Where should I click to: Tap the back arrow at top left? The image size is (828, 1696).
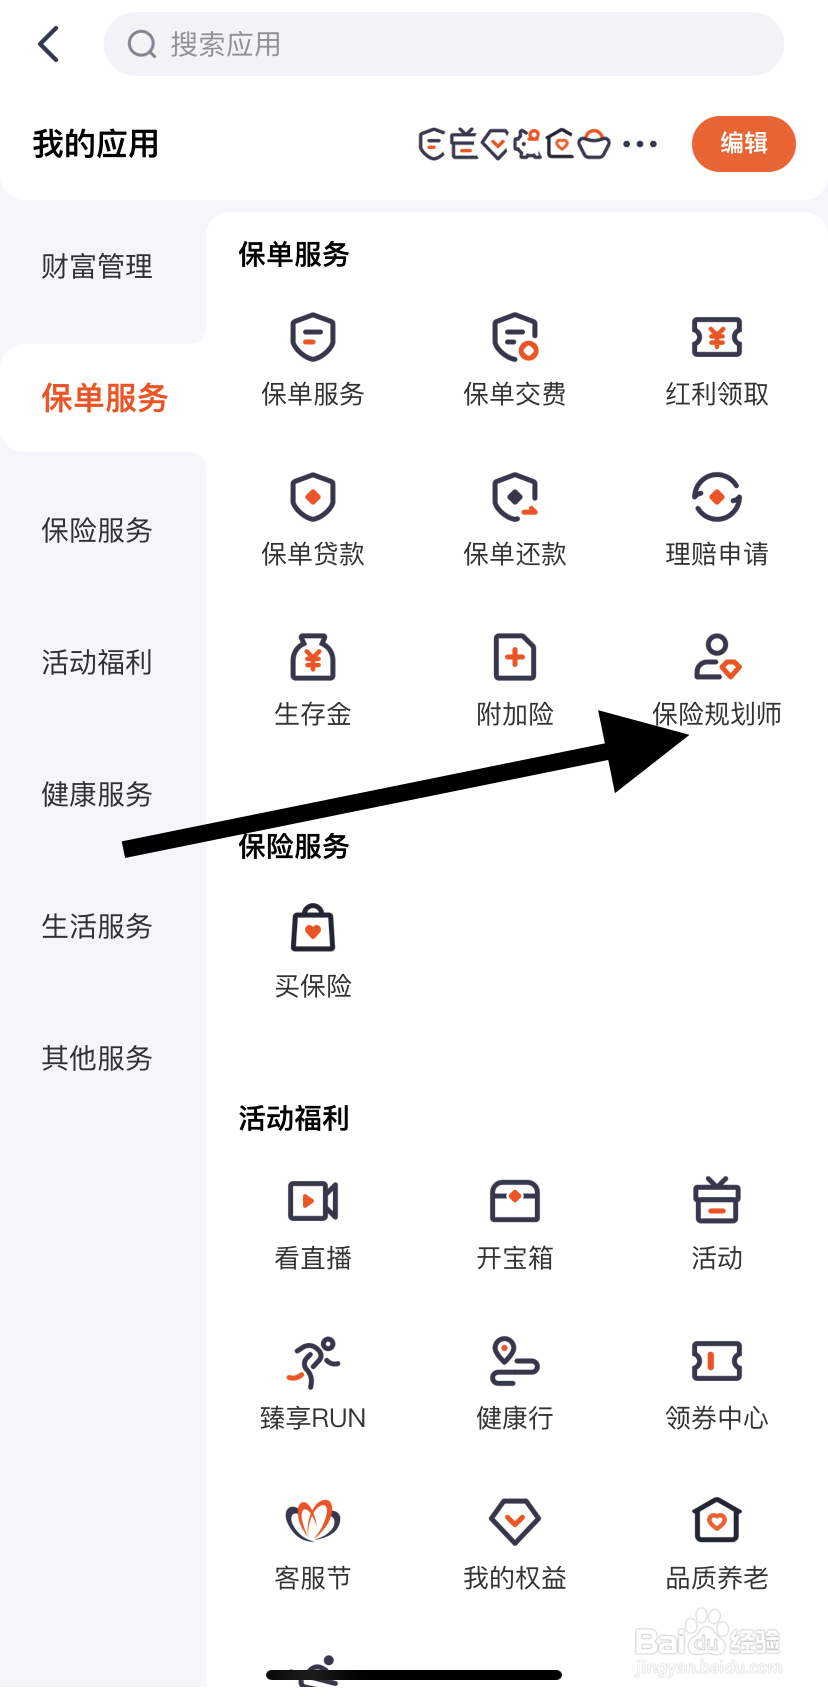point(48,44)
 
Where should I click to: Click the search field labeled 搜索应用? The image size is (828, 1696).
point(444,44)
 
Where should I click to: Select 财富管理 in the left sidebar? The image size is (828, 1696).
point(97,267)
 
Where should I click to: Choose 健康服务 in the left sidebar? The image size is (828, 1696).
point(97,795)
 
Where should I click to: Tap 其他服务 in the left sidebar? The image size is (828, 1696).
point(97,1058)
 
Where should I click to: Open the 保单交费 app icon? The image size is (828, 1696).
point(515,338)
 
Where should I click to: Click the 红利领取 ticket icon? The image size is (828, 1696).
point(717,338)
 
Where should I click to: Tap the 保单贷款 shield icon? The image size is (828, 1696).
point(313,498)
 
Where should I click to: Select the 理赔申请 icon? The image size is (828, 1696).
point(717,498)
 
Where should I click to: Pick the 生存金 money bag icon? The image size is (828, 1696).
point(313,658)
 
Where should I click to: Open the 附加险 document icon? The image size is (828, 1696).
point(515,658)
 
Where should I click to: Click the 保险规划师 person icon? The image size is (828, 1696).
point(717,658)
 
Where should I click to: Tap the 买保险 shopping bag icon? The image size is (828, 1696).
point(313,930)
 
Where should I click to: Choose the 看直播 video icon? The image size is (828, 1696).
point(313,1201)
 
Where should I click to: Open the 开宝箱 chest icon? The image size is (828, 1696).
point(515,1201)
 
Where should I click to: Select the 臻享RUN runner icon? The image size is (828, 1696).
point(313,1362)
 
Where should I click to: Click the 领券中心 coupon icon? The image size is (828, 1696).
point(717,1362)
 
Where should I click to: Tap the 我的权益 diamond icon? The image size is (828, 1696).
point(515,1522)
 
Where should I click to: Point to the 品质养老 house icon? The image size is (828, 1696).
point(717,1522)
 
